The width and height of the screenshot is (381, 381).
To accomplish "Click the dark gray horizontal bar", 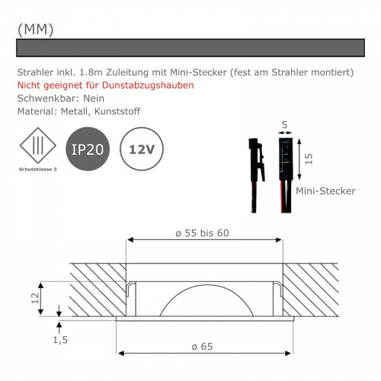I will click(190, 48).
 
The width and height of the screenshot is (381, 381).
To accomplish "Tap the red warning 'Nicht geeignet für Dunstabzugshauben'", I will click(105, 85).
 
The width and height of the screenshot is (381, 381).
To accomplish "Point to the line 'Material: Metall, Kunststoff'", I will click(78, 111).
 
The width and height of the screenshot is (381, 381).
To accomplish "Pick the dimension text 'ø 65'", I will click(203, 347).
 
